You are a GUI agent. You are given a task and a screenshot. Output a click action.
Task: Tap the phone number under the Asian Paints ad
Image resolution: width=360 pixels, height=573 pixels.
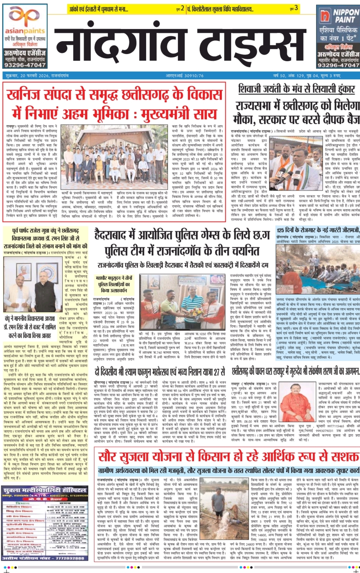[25, 65]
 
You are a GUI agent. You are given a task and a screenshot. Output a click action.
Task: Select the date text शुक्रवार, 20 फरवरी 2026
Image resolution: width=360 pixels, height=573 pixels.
[37, 76]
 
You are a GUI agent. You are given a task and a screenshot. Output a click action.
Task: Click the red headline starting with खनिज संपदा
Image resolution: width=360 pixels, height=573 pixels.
[114, 104]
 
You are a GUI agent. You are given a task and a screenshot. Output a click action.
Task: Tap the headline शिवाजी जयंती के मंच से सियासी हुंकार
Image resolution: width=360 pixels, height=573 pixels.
[296, 89]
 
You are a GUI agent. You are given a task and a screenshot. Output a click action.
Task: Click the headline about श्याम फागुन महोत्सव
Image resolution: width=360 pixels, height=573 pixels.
[160, 372]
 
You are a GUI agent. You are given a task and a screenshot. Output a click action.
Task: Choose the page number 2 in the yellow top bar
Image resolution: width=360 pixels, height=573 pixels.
[182, 8]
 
